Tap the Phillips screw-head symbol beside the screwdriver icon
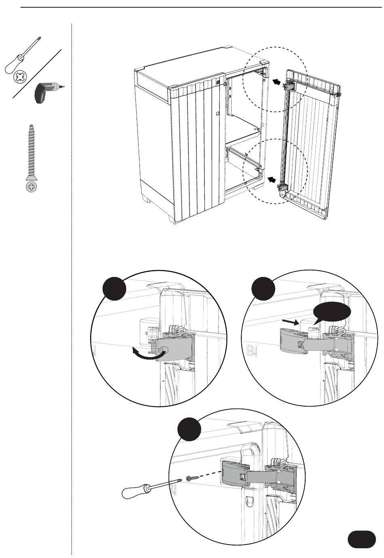[x=19, y=77]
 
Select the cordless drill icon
[x=47, y=92]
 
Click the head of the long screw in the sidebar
[x=31, y=186]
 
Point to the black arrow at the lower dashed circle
[x=272, y=178]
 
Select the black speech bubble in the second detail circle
[x=331, y=313]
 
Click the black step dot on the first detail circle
[x=114, y=288]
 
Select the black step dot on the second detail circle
[x=263, y=288]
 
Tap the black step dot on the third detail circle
[x=189, y=429]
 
